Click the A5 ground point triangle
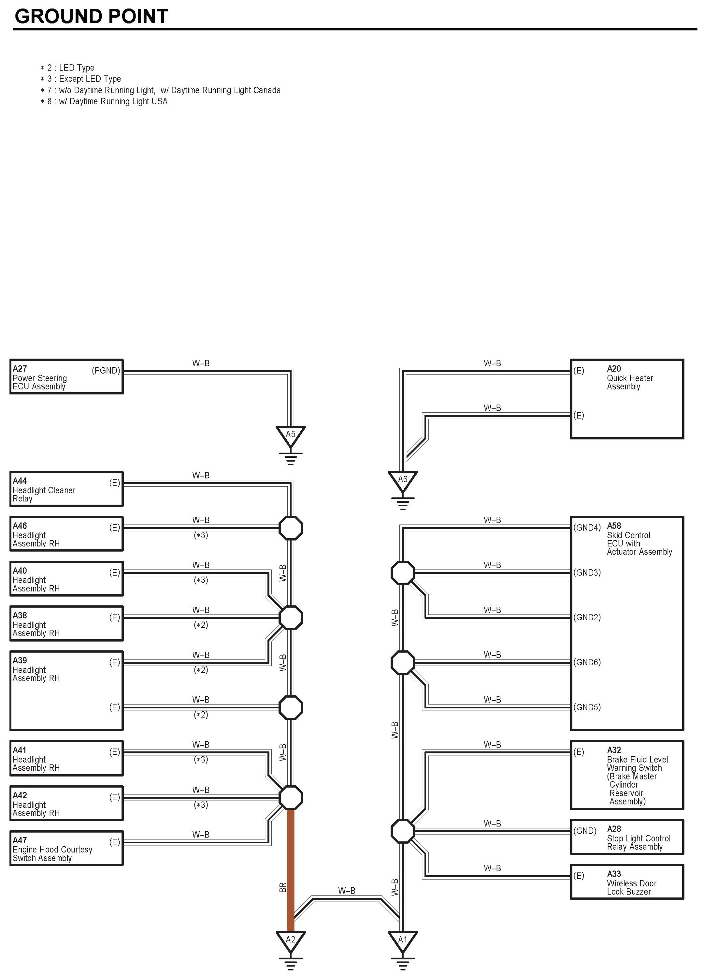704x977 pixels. point(291,436)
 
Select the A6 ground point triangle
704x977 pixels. point(403,480)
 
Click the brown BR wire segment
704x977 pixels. point(291,870)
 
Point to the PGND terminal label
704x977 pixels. point(106,370)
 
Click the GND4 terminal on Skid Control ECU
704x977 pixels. point(587,528)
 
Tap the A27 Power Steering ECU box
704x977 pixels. point(66,377)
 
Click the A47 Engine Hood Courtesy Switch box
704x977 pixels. point(66,848)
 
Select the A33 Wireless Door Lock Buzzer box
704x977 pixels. point(627,882)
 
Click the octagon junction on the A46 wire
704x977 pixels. point(291,528)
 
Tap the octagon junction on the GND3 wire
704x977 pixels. point(403,573)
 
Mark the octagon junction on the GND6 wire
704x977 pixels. point(403,662)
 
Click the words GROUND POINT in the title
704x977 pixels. point(91,16)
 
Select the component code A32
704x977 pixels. point(614,750)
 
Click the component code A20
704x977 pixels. point(614,369)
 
